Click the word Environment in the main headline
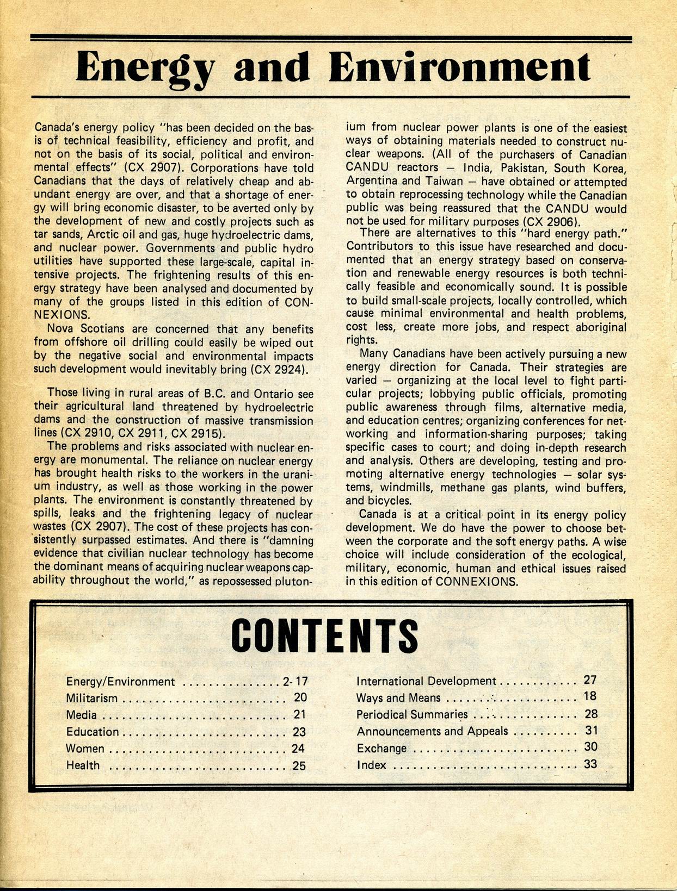coord(460,68)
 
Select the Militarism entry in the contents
coord(91,698)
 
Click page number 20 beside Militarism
coord(300,697)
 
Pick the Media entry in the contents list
coord(81,715)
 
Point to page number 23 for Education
coord(299,732)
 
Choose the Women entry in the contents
coord(85,749)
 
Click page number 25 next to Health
coord(299,765)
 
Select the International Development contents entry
coord(426,681)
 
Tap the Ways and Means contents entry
coord(398,697)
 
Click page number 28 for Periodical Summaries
coord(591,714)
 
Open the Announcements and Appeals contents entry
coord(432,731)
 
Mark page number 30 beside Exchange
coord(591,747)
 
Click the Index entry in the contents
coord(371,765)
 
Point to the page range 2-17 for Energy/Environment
coord(295,681)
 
